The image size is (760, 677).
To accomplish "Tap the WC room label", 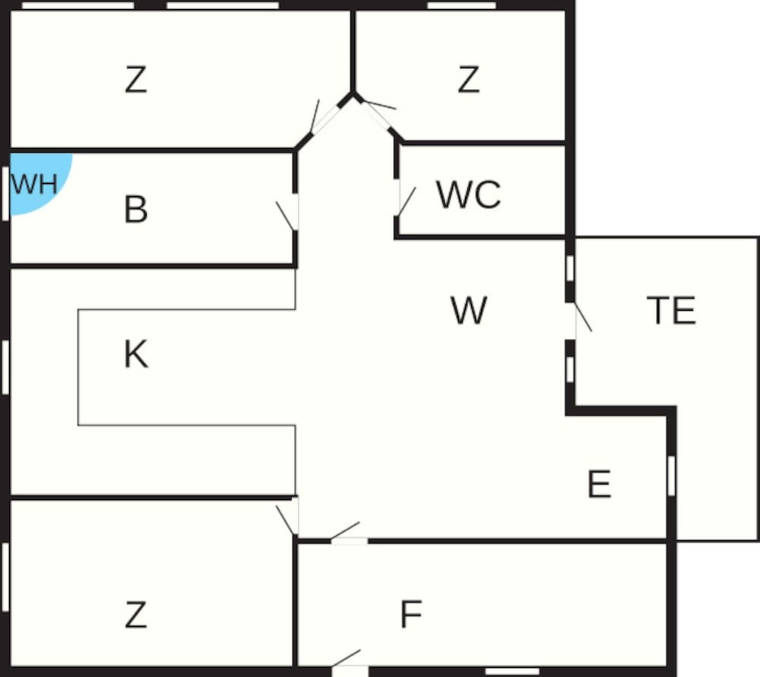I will pos(468,195).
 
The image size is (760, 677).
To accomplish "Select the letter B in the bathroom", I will pos(135,210).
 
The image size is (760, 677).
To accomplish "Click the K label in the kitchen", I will pos(135,355).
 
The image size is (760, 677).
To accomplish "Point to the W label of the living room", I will pos(468,311).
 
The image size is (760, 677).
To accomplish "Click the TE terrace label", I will pos(671,311).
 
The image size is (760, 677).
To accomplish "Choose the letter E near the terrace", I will pos(600,485).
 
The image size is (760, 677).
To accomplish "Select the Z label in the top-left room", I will pos(135,81).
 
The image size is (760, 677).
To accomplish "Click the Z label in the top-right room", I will pos(468,81).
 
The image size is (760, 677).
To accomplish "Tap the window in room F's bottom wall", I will pos(511,672).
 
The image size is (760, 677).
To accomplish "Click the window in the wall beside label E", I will pos(671,475).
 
